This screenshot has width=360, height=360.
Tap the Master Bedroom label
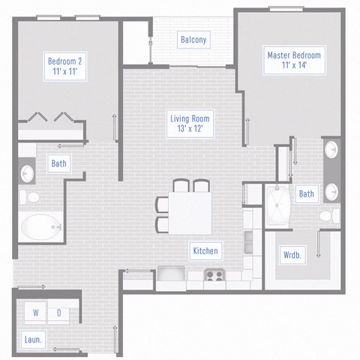[293, 61]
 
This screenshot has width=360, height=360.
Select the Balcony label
[193, 40]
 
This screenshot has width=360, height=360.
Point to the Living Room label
[188, 124]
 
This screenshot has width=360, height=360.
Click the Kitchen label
[205, 250]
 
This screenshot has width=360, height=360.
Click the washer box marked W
[35, 312]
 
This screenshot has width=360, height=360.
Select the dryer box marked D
[58, 312]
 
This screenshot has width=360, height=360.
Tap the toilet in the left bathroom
[31, 197]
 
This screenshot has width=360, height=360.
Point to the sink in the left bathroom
[26, 173]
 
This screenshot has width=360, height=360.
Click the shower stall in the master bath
[280, 204]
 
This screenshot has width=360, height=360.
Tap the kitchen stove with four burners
[214, 275]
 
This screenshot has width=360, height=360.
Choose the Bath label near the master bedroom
[307, 193]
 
